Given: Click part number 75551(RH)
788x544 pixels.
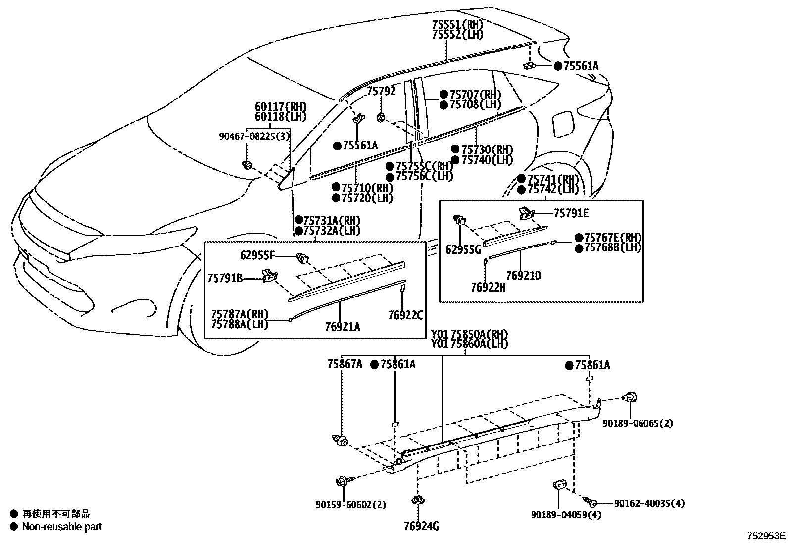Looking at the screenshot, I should [x=457, y=24].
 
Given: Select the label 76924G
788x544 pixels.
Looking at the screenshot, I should [x=421, y=526].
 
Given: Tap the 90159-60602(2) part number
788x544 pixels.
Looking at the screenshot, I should [x=350, y=505].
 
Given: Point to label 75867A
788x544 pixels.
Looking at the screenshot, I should [x=345, y=365].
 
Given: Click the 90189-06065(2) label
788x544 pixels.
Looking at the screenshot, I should [x=638, y=423].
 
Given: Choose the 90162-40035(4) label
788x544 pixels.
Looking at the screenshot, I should [x=649, y=503].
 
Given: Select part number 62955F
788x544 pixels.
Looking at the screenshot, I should [x=257, y=255].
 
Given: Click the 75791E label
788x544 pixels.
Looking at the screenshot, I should [x=571, y=213].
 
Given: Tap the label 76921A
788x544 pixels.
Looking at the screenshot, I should [x=343, y=326].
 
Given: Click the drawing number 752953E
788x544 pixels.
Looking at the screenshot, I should [x=766, y=535].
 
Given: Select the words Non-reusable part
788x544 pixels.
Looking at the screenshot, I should [x=61, y=527].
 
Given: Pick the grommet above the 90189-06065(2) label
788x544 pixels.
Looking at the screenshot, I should [x=631, y=397].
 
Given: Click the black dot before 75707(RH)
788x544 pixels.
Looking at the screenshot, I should [x=443, y=94].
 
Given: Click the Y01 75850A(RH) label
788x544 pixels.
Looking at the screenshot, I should [x=469, y=334].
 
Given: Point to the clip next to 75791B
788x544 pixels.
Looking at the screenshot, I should [x=269, y=274].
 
